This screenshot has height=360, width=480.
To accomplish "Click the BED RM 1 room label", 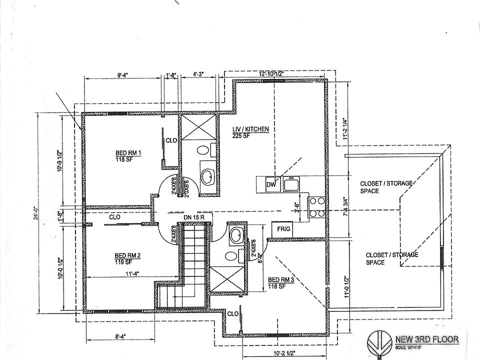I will [129, 153].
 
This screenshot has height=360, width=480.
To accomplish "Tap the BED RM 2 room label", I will [128, 255].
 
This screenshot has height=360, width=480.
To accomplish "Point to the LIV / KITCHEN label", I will [251, 129].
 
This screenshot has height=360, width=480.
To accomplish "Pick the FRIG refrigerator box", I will [281, 229].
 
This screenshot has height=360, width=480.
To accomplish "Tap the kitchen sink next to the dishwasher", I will [290, 184].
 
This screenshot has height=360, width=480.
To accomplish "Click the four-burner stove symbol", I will [316, 206].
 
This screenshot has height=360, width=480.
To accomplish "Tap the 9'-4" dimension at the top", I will [123, 75].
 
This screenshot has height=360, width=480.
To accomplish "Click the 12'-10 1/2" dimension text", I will [271, 73].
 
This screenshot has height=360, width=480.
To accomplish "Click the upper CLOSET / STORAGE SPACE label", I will [386, 187].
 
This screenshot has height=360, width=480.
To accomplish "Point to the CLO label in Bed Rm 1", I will [171, 140].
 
